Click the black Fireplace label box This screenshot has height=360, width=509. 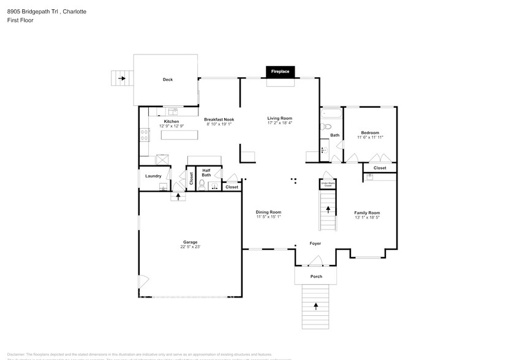(x=281, y=72)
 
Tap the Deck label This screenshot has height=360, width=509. (x=167, y=80)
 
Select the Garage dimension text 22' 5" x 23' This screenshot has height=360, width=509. (x=190, y=247)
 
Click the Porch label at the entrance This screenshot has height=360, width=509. (x=315, y=276)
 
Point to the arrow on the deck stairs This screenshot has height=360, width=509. (x=122, y=78)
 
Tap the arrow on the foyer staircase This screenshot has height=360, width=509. (x=328, y=209)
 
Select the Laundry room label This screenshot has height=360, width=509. (x=153, y=176)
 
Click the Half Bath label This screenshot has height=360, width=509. (x=206, y=173)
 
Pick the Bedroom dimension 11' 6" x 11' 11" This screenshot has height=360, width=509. (x=369, y=138)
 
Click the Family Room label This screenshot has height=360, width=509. (x=367, y=212)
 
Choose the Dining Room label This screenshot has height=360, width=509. (x=268, y=212)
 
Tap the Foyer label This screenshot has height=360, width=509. (x=315, y=243)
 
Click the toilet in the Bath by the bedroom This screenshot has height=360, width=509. (x=325, y=127)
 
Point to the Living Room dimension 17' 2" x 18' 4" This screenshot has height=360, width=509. (x=279, y=123)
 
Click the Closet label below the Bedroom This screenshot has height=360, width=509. (x=380, y=168)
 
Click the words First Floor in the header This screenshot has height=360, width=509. (x=21, y=20)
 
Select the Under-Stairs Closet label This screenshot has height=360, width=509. (x=328, y=184)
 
